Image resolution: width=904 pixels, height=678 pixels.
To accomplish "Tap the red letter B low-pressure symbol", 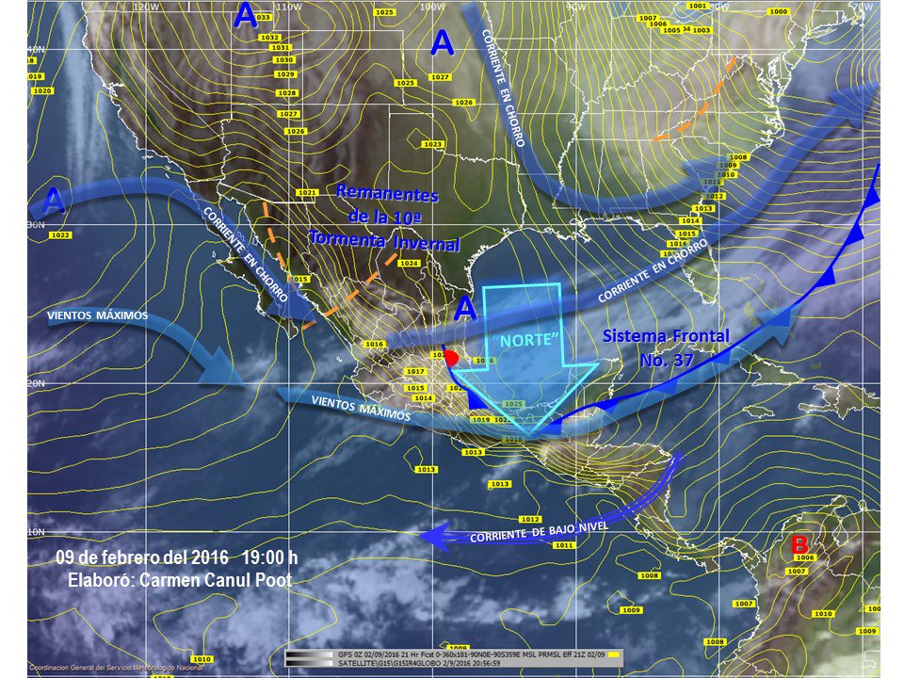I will coord(799,544).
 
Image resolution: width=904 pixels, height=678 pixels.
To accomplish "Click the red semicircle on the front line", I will coord(452,358).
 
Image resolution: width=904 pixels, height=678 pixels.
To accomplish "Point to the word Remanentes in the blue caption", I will coord(387,194).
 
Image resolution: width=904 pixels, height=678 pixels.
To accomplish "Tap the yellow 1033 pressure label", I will coord(263,17).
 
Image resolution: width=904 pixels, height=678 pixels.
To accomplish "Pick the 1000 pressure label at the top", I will coord(779,11).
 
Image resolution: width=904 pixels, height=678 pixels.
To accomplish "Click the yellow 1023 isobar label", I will coord(432,144).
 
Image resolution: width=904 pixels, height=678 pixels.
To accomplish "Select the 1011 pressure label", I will coord(563,545).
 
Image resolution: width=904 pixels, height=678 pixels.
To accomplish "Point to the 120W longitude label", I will coord(145,6).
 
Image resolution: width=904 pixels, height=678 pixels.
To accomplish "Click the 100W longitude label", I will coord(432,6).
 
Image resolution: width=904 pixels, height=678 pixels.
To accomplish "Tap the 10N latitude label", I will coord(37,532).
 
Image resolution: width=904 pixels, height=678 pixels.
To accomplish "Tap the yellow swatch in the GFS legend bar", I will coord(613,653).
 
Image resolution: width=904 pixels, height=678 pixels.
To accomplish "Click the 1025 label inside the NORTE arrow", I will coord(512,404).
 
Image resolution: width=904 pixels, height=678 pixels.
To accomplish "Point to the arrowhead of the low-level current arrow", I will coord(431,536).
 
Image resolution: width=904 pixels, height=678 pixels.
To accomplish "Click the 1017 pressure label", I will coord(415,371).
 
